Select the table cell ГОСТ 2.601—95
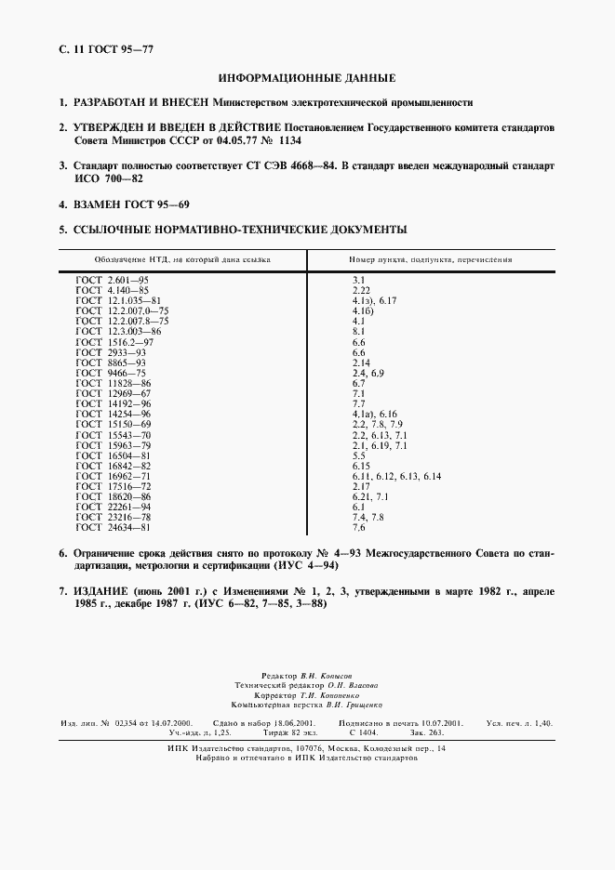[111, 279]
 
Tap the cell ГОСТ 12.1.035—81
[118, 300]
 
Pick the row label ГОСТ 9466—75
[110, 373]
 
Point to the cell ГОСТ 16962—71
[113, 476]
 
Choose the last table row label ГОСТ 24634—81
[113, 528]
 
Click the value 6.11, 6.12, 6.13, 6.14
[395, 476]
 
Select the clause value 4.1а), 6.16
[374, 414]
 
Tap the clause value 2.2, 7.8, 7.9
[370, 424]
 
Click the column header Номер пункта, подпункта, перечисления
[430, 260]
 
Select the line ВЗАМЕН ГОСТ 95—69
[137, 204]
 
